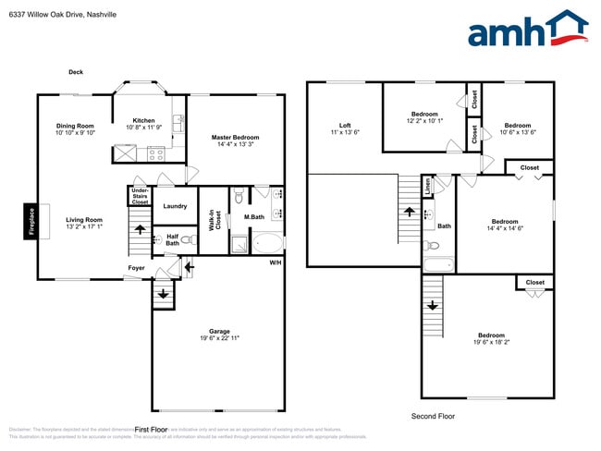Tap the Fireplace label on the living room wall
click(31, 222)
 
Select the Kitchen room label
click(143, 120)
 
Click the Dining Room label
click(75, 126)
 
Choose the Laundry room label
click(175, 206)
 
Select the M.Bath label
click(254, 217)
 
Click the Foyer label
click(136, 268)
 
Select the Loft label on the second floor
click(345, 126)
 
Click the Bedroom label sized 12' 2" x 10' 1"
click(425, 115)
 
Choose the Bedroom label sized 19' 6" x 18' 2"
click(491, 335)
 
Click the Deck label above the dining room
click(76, 72)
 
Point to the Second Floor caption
click(433, 417)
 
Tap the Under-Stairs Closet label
click(140, 196)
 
